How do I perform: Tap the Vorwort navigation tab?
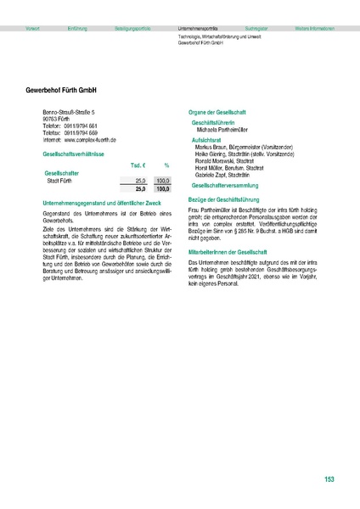(x=34, y=29)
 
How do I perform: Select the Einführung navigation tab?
(x=77, y=29)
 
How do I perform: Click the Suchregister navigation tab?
(x=256, y=29)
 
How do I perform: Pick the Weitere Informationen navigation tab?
(x=313, y=29)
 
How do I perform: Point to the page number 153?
(x=329, y=480)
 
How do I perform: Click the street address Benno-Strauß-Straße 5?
(x=69, y=112)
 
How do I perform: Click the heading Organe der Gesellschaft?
(x=220, y=113)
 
